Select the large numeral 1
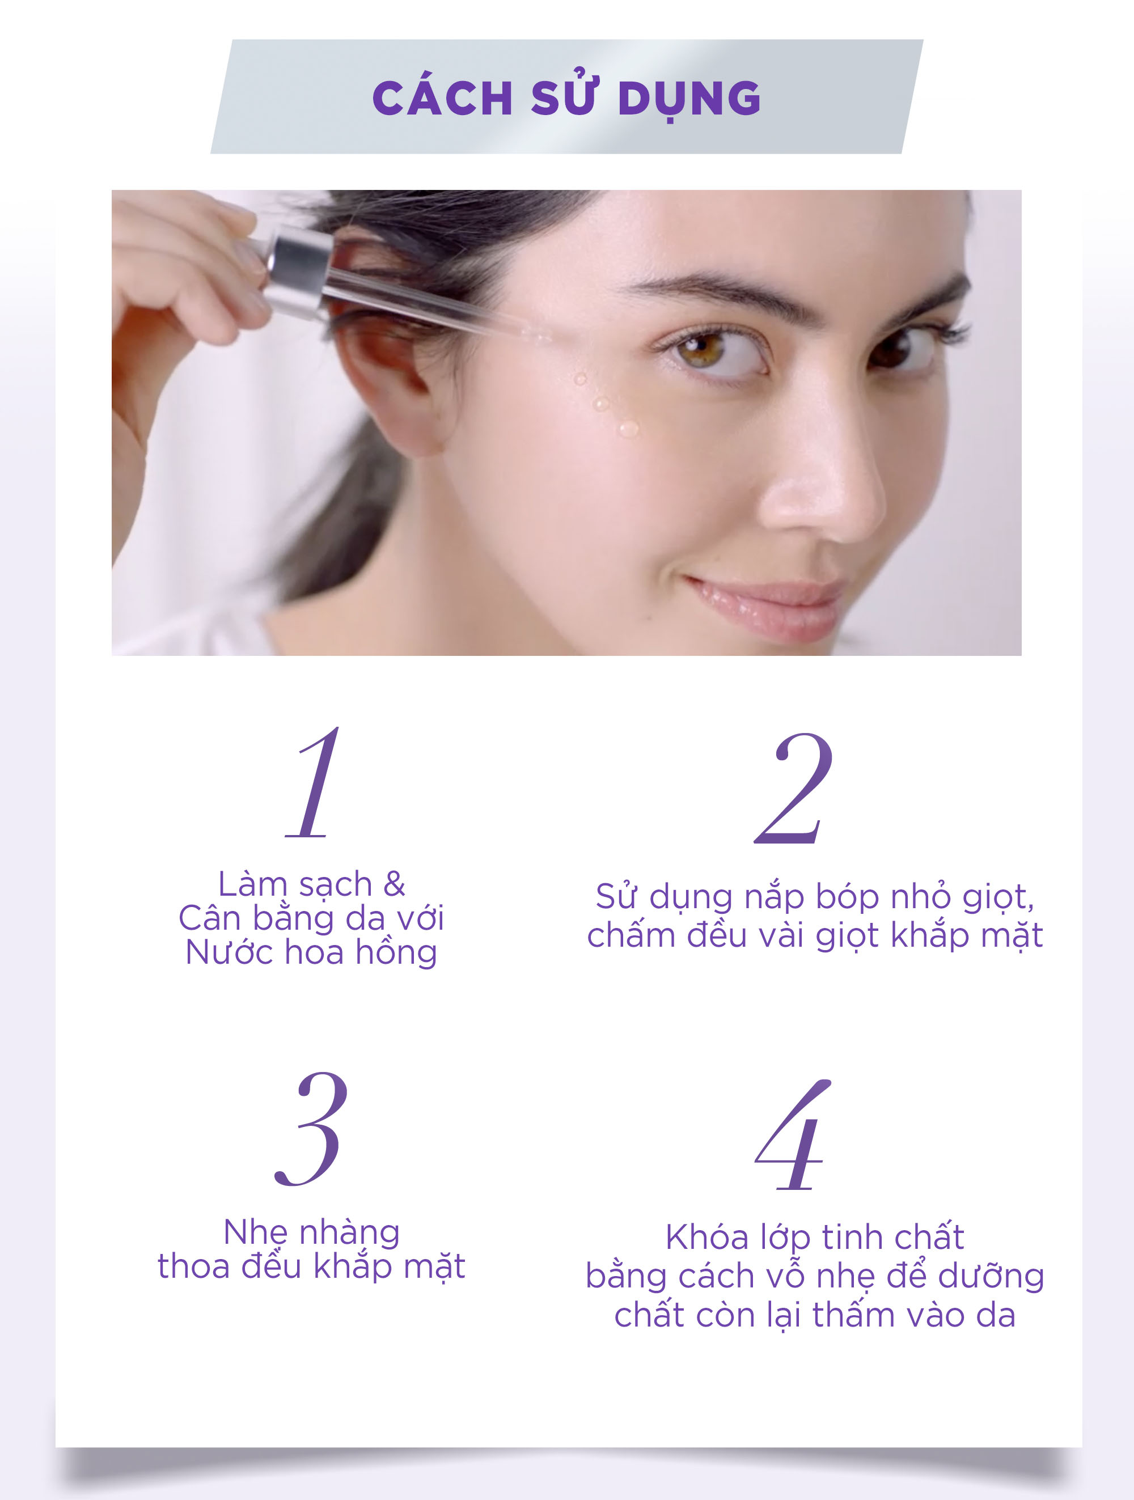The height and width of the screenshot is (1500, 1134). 312,782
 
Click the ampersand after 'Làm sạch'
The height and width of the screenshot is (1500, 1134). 394,884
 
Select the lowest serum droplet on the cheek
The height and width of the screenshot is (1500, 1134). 629,428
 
